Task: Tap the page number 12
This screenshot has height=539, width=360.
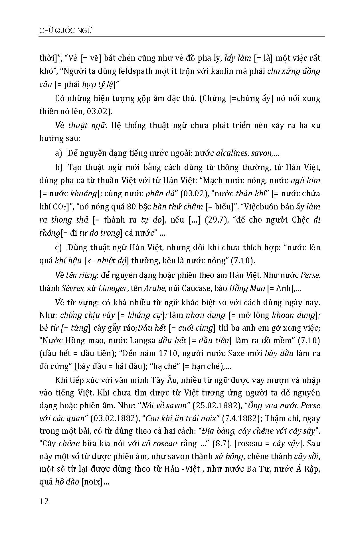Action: (x=44, y=501)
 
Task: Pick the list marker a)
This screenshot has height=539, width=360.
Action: (x=59, y=153)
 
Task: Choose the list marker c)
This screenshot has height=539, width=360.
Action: (x=58, y=247)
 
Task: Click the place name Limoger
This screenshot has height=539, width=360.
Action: (x=113, y=288)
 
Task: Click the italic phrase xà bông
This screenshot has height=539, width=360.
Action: (x=230, y=456)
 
